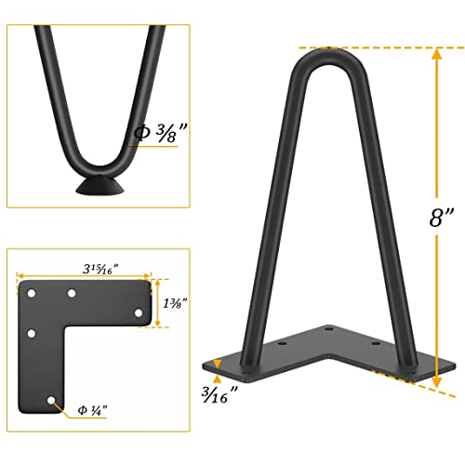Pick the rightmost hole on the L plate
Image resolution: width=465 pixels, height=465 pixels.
click(x=139, y=316)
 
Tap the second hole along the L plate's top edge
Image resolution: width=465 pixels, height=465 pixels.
click(x=72, y=294)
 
